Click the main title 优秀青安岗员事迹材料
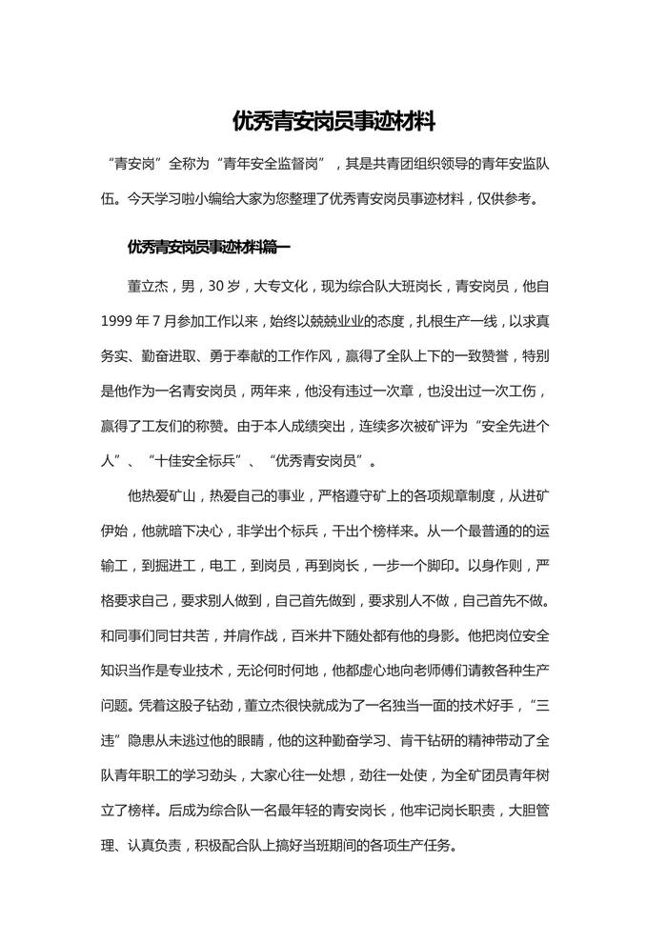(333, 122)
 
